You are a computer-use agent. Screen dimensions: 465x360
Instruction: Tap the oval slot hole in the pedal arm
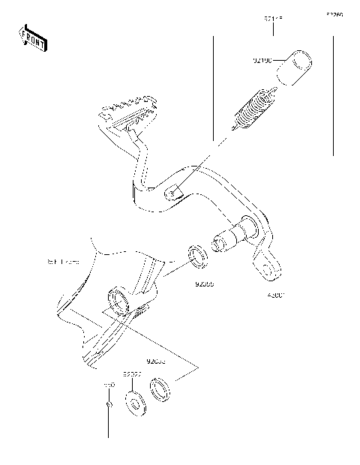pos(174,193)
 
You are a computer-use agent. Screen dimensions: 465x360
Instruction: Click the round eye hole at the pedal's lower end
pos(264,265)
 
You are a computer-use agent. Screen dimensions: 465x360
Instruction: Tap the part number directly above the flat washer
pos(133,372)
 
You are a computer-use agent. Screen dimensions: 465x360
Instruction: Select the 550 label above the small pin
pos(108,383)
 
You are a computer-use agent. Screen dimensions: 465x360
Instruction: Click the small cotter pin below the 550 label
pos(109,404)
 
